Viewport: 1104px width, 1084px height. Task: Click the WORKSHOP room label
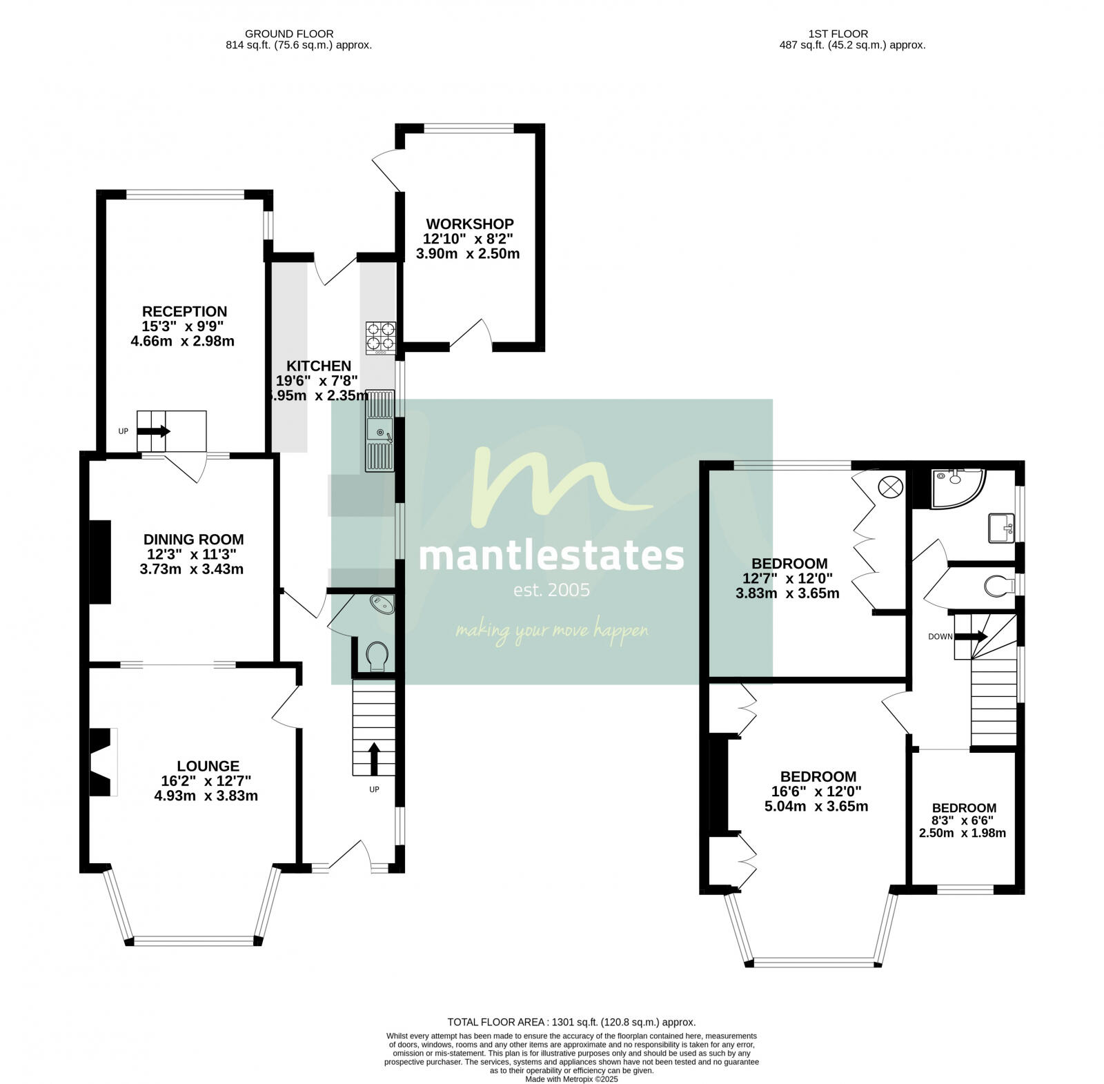(469, 224)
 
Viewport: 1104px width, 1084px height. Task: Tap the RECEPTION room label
(184, 312)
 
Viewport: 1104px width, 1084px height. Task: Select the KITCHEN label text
(319, 366)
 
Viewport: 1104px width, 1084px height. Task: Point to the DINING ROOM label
(193, 540)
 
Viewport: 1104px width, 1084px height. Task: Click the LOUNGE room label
(208, 766)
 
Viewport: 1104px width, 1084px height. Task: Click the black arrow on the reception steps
(155, 431)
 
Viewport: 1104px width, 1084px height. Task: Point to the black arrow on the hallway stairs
(373, 758)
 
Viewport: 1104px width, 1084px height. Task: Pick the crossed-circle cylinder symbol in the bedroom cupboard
(889, 486)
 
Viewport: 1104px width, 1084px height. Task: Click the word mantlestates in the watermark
(551, 555)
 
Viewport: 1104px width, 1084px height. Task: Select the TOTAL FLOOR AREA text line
(571, 1023)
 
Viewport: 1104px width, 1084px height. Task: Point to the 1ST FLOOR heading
(838, 33)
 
